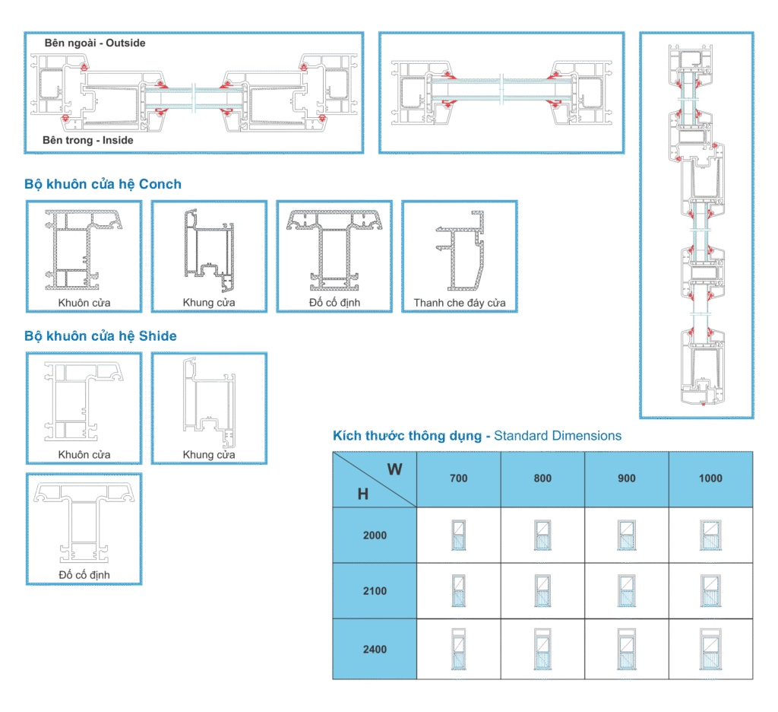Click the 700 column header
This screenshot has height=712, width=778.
[459, 478]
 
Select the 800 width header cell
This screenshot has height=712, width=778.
[542, 478]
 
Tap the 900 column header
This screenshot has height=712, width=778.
[627, 478]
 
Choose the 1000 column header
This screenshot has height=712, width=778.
[710, 478]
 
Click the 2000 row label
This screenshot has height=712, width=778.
[375, 535]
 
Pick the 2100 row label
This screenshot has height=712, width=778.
[375, 590]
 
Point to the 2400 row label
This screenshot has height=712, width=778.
[375, 649]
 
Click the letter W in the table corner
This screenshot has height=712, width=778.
[395, 469]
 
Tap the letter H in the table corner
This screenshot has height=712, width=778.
[363, 494]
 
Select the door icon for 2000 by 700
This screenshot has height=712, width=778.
[458, 536]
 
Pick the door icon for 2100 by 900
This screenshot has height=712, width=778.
[626, 592]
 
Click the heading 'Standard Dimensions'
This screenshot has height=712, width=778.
[558, 436]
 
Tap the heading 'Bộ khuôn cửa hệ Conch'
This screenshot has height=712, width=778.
[103, 184]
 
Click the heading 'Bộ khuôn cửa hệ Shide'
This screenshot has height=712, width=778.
[100, 335]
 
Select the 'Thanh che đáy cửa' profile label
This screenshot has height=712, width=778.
[459, 304]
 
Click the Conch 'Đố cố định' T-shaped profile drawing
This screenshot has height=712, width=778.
[334, 251]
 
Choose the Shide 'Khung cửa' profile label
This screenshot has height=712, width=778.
[209, 455]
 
